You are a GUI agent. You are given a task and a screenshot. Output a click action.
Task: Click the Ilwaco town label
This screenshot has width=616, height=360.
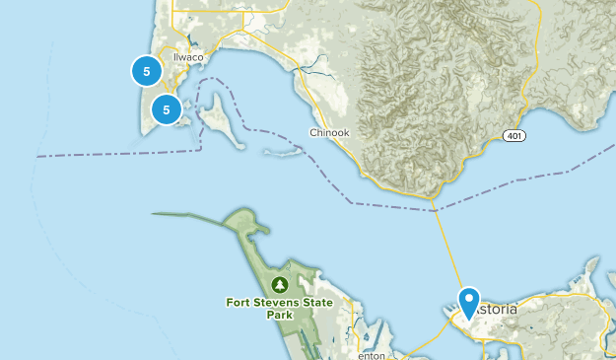click(x=187, y=57)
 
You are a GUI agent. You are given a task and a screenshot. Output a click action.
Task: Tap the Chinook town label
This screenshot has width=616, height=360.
click(x=329, y=132)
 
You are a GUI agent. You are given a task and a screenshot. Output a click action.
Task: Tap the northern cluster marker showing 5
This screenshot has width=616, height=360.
click(x=147, y=71)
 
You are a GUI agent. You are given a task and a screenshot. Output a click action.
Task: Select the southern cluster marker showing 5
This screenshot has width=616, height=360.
click(x=167, y=110)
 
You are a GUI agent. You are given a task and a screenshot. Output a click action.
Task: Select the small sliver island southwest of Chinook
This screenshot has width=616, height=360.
click(x=281, y=154)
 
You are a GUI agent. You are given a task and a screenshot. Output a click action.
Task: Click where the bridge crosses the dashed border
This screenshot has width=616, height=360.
click(x=434, y=209)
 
